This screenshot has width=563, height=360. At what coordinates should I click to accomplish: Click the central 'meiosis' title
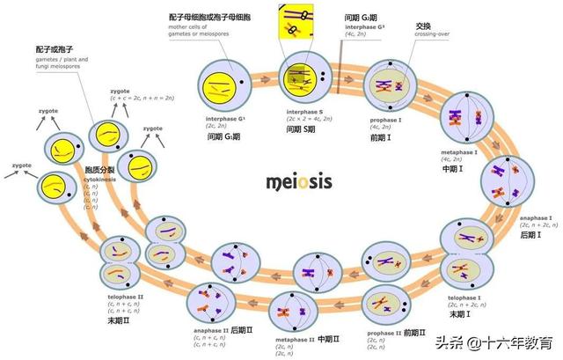[x=298, y=183]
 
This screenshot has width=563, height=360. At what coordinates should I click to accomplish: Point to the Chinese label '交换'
[x=423, y=26]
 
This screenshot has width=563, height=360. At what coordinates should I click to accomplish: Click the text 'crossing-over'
[x=429, y=36]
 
